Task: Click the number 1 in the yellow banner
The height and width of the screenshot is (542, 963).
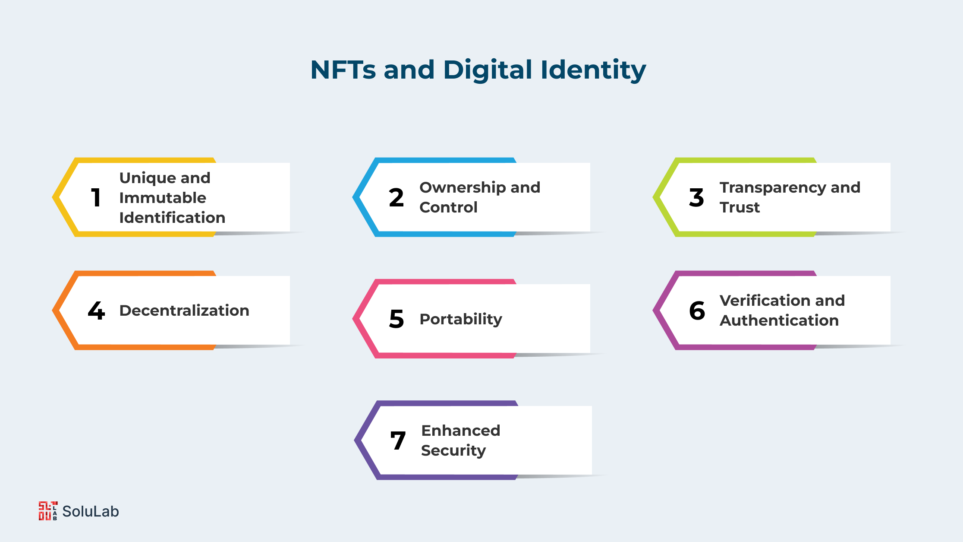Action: (96, 198)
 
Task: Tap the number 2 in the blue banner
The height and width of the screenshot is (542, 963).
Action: (396, 198)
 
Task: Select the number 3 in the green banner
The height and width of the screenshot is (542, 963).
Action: (696, 198)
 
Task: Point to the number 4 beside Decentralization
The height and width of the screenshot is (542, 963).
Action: (96, 311)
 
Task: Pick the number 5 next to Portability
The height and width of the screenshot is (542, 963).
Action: (397, 319)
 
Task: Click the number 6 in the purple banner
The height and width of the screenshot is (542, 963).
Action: (697, 311)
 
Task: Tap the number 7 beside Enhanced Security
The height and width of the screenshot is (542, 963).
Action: (398, 441)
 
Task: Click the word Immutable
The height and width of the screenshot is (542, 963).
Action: (163, 198)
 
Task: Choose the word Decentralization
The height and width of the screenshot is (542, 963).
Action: (184, 311)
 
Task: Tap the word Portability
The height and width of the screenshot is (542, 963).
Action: (461, 320)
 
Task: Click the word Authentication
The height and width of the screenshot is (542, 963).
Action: (779, 320)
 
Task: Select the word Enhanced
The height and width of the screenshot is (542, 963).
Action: (461, 431)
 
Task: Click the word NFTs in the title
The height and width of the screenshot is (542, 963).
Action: (343, 70)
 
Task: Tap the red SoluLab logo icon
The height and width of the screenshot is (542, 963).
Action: (48, 511)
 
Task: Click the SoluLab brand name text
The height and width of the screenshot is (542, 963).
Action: (91, 511)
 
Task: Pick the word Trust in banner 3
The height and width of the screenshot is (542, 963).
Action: (740, 207)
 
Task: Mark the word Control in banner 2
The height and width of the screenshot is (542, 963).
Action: (448, 207)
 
